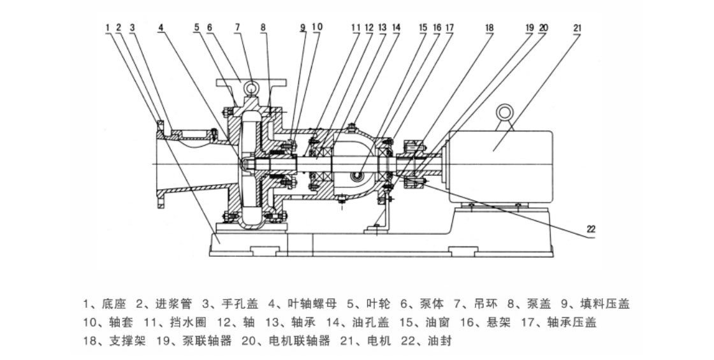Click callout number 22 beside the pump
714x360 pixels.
tap(591, 228)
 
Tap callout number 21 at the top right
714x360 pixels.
tap(578, 27)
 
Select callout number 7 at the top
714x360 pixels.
tap(237, 27)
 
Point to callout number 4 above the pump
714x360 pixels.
tap(161, 27)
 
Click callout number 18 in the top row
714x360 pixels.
tap(489, 27)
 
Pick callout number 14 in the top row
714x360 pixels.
tap(396, 27)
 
